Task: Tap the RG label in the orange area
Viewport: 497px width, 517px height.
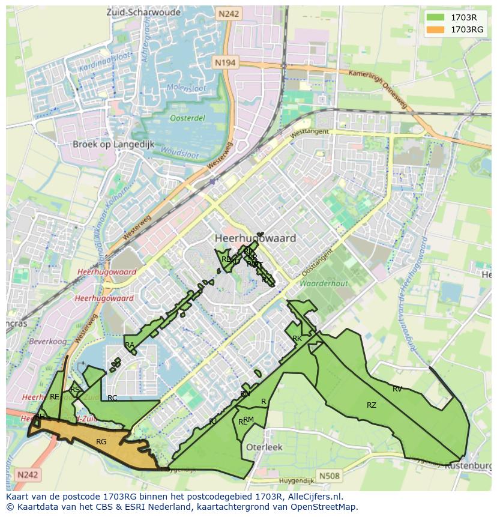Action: pos(101,442)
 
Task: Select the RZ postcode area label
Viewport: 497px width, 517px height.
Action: pos(372,405)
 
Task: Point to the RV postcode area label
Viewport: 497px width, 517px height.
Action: pos(397,389)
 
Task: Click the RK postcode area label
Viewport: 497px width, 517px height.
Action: pos(297,339)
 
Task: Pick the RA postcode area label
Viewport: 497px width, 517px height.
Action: pos(130,345)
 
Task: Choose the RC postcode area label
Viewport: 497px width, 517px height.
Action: pos(112,398)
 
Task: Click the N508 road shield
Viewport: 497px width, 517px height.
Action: pos(329,476)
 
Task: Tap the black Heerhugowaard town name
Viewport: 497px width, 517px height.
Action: pos(255,238)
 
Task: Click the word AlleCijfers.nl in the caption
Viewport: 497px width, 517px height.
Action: pos(312,497)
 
